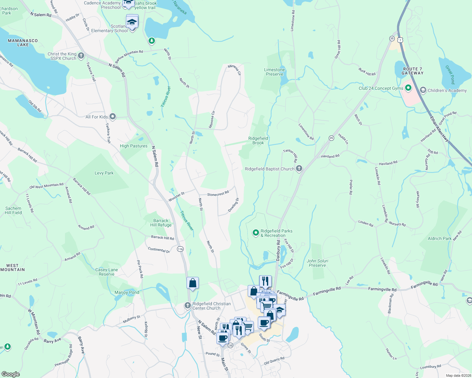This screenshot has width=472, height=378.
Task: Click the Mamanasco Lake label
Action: click(23, 43)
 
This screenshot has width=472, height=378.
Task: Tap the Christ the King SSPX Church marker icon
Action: click(81, 56)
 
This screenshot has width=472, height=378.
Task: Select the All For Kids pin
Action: click(113, 117)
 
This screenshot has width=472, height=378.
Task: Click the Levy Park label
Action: click(104, 173)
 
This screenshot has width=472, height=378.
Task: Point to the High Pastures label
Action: click(133, 146)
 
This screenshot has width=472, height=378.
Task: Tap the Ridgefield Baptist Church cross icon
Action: click(299, 169)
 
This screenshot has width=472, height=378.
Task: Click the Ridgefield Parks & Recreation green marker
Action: click(256, 233)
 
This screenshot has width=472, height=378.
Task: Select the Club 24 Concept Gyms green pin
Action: click(408, 88)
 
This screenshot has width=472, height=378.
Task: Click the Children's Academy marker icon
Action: click(423, 90)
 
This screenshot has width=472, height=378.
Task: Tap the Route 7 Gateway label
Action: click(412, 71)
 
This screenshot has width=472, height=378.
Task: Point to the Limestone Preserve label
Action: click(274, 72)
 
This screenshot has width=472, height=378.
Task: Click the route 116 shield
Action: click(180, 249)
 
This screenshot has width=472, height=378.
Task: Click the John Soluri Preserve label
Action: click(317, 263)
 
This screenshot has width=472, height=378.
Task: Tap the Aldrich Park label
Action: click(440, 238)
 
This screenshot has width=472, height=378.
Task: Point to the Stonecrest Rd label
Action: click(218, 194)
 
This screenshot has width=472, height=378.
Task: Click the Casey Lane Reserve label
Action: click(107, 272)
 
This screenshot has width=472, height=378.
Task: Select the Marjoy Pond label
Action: click(127, 292)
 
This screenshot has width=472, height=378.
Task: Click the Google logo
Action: click(11, 374)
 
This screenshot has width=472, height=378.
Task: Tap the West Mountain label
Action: click(13, 267)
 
